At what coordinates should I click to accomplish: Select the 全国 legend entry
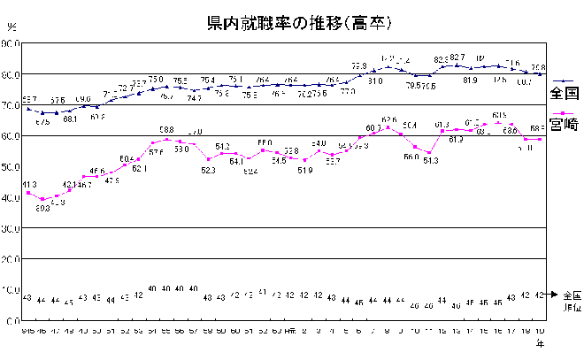point(563,92)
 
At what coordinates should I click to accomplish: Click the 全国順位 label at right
point(571,301)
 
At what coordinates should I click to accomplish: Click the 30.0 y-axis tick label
point(12,228)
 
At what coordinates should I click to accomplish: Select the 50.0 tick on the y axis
point(12,167)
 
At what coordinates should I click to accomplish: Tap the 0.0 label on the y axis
point(14,320)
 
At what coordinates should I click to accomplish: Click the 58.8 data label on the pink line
point(165,130)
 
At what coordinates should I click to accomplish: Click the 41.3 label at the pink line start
point(28,183)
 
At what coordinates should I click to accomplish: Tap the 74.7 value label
point(194,98)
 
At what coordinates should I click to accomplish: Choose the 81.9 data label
point(470,80)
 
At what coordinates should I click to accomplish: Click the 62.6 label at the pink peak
point(388,119)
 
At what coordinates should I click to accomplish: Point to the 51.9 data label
point(304,170)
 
